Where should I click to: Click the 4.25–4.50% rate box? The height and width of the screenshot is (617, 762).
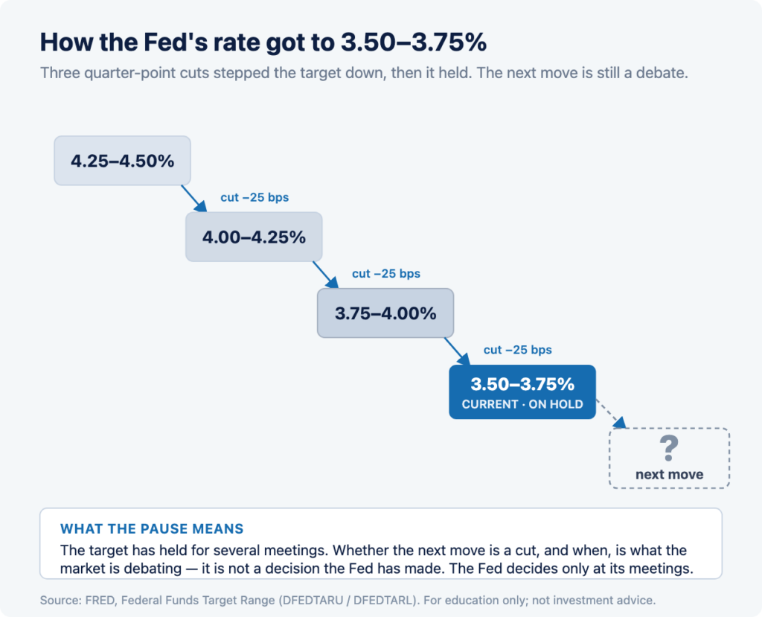tap(123, 161)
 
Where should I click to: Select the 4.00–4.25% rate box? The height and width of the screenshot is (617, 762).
tap(254, 237)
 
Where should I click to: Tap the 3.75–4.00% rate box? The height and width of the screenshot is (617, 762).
tap(385, 313)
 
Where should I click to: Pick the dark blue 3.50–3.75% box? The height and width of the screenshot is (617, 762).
tap(522, 392)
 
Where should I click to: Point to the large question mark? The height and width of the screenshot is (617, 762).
tap(669, 448)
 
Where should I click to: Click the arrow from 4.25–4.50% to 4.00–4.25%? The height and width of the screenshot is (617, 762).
tap(194, 199)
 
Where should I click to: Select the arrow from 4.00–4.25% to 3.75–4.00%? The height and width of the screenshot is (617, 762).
tap(326, 275)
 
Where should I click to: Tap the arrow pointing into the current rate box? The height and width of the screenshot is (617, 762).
tap(458, 351)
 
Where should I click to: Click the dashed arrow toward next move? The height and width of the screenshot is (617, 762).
tap(612, 415)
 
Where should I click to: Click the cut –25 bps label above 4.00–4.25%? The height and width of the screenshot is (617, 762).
tap(254, 197)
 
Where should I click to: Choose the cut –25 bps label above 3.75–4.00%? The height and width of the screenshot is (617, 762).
tap(386, 274)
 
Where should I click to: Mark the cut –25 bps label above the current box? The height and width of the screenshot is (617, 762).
tap(518, 350)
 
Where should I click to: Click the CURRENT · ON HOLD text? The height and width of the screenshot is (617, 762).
tap(522, 405)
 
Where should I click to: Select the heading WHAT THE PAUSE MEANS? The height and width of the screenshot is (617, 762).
tap(152, 528)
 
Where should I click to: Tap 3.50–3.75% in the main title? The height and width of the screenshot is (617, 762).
tap(414, 42)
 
